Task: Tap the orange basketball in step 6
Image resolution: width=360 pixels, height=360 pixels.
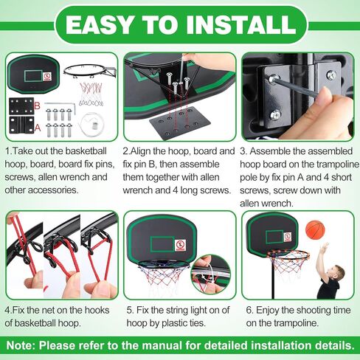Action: [x=315, y=229]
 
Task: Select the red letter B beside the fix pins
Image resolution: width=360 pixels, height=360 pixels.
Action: [x=38, y=105]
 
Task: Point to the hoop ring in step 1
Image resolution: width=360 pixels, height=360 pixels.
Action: [x=89, y=72]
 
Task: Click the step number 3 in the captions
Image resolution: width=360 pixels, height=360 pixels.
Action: [x=243, y=150]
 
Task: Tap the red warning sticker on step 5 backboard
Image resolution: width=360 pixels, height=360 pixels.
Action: [x=180, y=244]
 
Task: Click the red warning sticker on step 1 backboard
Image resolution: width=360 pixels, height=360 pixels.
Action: [x=46, y=76]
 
